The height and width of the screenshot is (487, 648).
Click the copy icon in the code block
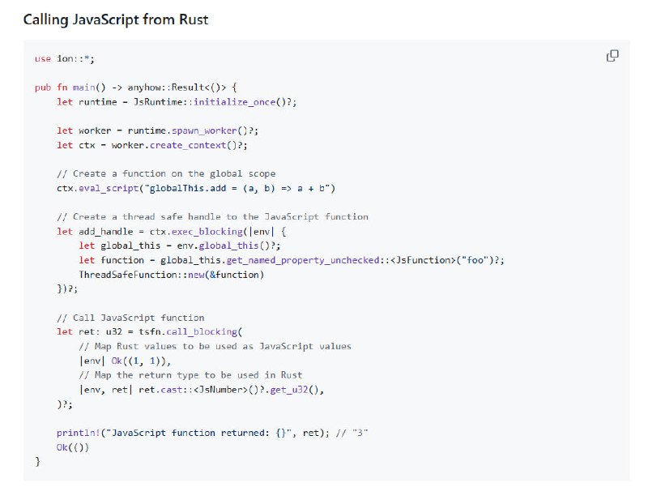613,56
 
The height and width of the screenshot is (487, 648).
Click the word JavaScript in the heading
110,19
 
